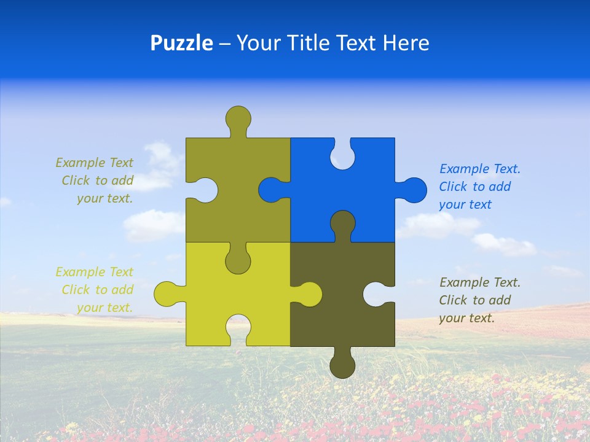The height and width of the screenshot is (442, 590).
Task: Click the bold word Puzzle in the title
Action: (x=181, y=43)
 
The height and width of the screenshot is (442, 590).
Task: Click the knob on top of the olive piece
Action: (x=238, y=118)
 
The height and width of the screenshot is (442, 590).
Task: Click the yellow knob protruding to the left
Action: (x=167, y=294)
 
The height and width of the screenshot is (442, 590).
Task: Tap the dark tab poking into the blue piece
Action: (x=342, y=223)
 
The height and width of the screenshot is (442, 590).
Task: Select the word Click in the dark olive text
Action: (x=454, y=300)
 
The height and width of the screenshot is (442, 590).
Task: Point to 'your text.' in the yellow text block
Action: (x=104, y=308)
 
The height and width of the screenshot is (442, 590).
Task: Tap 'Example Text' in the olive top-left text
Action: (x=94, y=163)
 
